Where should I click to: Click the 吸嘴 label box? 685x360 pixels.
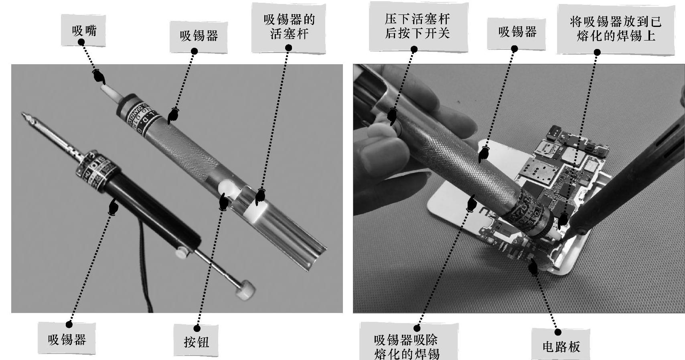click(x=83, y=31)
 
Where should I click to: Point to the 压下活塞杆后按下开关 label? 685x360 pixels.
click(x=418, y=26)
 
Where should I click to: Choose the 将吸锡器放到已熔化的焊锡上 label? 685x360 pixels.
click(x=616, y=29)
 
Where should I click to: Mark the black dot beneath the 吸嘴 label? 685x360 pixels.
click(x=81, y=42)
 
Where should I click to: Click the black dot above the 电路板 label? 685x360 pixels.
click(x=558, y=332)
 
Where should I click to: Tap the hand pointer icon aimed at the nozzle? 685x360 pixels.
click(x=99, y=77)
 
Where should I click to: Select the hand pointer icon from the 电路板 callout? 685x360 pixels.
click(x=533, y=267)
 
